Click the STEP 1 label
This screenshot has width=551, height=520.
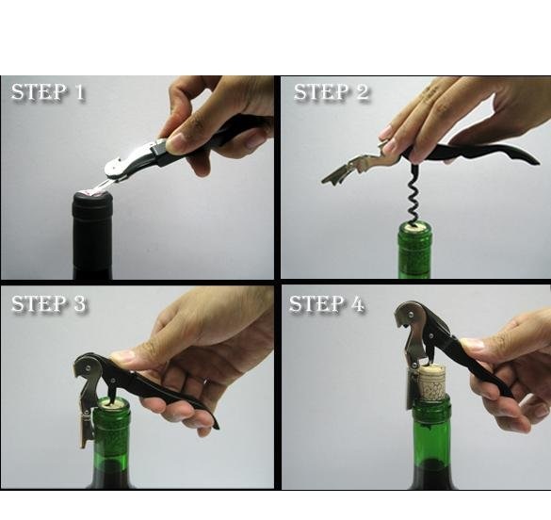[48, 92]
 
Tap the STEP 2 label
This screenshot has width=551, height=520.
[332, 92]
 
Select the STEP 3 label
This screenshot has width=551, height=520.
[48, 303]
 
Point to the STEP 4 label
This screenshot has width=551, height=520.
[327, 303]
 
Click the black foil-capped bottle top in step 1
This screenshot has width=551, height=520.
[92, 207]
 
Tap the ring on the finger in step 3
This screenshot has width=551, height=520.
[205, 382]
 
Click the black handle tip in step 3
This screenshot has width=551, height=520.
[215, 425]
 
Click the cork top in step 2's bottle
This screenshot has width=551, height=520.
[415, 227]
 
